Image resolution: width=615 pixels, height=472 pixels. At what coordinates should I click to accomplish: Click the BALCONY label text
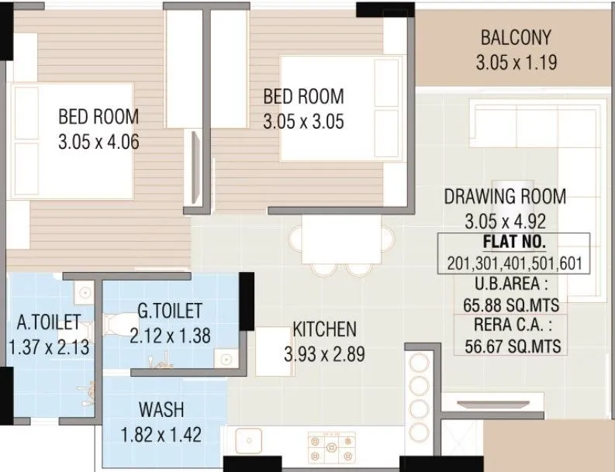pyautogui.click(x=515, y=37)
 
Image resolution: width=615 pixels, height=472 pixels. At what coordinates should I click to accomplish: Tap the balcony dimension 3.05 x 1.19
pyautogui.click(x=516, y=62)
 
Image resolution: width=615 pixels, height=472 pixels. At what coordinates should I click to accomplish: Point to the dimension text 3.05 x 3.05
pyautogui.click(x=303, y=122)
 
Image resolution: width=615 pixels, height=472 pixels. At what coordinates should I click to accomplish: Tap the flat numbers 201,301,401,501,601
pyautogui.click(x=514, y=263)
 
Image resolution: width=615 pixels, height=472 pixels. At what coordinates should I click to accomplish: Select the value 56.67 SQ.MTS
pyautogui.click(x=513, y=346)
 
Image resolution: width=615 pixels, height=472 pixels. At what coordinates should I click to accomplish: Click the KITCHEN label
pyautogui.click(x=324, y=329)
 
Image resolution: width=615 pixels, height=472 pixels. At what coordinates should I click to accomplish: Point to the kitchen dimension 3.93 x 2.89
pyautogui.click(x=324, y=354)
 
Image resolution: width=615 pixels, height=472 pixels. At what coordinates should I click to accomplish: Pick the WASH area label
pyautogui.click(x=161, y=408)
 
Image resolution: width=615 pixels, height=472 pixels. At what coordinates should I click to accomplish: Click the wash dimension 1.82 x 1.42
pyautogui.click(x=161, y=434)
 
